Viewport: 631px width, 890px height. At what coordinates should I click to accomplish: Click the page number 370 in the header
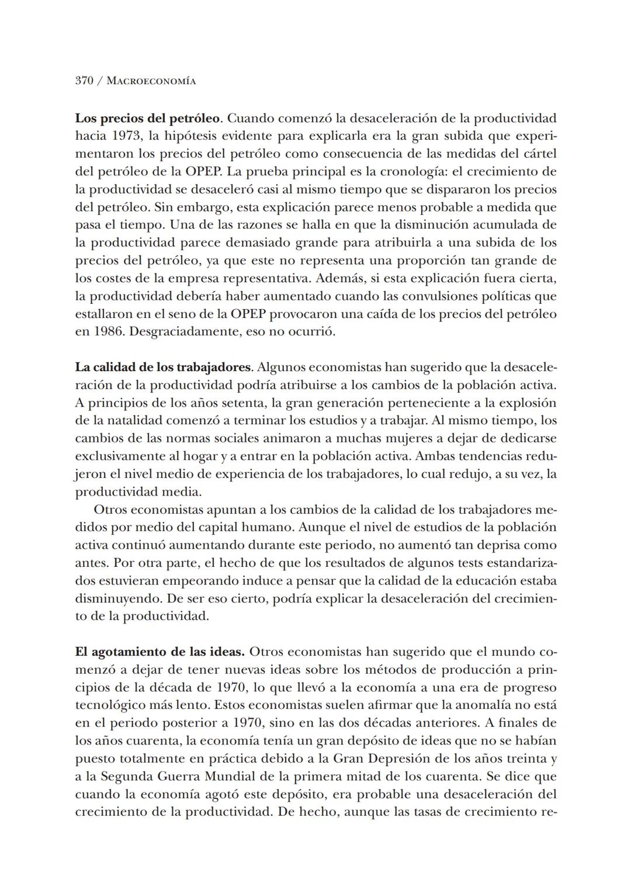pos(84,81)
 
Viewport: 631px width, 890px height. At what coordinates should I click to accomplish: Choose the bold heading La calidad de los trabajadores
pos(164,368)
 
